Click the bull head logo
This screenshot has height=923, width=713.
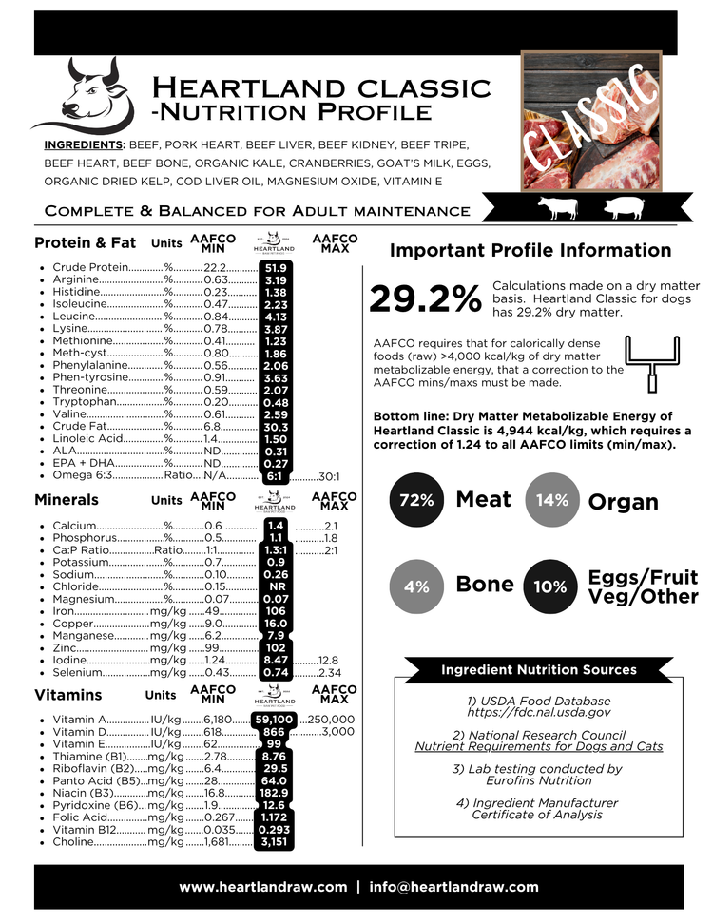click(84, 93)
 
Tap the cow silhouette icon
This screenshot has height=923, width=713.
click(558, 207)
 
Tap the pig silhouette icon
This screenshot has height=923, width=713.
click(623, 207)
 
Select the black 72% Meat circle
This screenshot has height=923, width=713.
click(416, 500)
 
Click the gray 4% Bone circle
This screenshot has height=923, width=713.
click(416, 586)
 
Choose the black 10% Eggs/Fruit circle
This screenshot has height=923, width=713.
click(550, 586)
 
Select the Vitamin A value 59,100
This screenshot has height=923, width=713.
click(276, 720)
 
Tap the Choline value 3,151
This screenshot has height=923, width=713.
click(276, 841)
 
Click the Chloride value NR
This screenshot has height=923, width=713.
click(276, 586)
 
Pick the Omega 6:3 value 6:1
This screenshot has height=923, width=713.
click(276, 476)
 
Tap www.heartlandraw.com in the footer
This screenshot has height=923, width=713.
click(263, 887)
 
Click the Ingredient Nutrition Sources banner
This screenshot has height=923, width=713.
click(538, 670)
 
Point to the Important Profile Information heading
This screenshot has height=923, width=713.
click(530, 251)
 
